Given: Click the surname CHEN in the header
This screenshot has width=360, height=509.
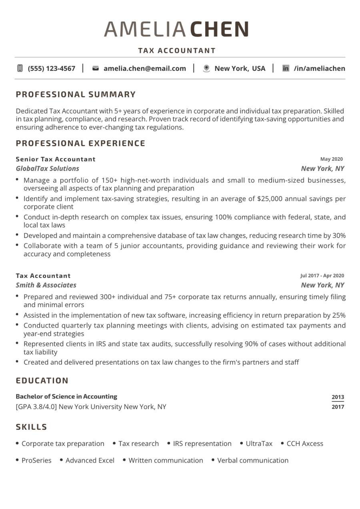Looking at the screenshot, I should point(219,29).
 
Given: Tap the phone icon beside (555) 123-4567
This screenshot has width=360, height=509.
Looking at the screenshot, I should point(20,68).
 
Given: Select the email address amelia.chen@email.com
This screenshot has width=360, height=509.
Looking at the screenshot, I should point(144,68).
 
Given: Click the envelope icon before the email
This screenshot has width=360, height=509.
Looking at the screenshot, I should point(95,68).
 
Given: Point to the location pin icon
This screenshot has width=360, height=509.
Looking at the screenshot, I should point(206,68).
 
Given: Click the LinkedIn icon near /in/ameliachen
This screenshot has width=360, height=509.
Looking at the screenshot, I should point(286,68).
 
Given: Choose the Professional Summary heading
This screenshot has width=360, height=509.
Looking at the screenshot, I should point(76,95).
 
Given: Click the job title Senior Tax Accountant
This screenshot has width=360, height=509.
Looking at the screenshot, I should point(56,159).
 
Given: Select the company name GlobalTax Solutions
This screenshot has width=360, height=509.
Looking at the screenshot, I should point(47,168).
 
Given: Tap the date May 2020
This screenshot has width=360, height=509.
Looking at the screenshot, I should point(331,159).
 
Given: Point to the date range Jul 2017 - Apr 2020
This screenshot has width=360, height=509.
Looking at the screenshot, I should point(322,275).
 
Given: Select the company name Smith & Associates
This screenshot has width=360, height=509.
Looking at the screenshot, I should point(46,285).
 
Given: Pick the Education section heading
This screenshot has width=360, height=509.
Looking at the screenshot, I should point(42,381).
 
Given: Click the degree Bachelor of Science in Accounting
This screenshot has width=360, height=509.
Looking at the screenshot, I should point(66,397).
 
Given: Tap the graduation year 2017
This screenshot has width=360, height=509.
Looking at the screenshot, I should point(338,407).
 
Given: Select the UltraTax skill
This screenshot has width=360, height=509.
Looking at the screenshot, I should point(259,443).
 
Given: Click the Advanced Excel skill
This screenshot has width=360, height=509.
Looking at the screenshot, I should point(90,460).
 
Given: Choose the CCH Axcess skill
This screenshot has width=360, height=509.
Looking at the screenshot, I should point(305,443).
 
